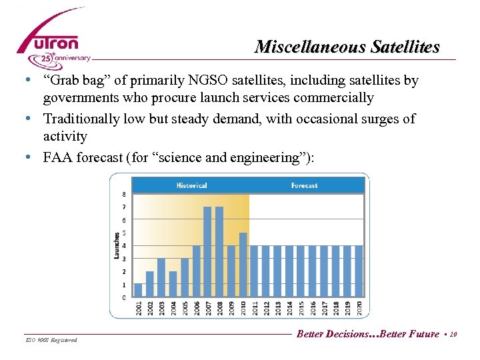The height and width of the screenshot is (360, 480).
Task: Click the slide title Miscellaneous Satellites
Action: pyautogui.click(x=347, y=47)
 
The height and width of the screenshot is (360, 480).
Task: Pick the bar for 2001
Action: pyautogui.click(x=138, y=290)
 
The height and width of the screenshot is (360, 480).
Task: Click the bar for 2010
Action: pyautogui.click(x=243, y=265)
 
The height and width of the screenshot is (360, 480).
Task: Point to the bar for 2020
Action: pyautogui.click(x=359, y=271)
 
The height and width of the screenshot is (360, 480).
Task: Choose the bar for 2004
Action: pyautogui.click(x=173, y=284)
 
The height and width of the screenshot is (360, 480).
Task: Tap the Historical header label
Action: pyautogui.click(x=191, y=185)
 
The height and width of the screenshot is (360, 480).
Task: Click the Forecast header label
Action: pyautogui.click(x=305, y=185)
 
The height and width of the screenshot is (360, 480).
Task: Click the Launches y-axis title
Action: pyautogui.click(x=117, y=245)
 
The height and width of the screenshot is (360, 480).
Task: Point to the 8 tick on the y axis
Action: pyautogui.click(x=123, y=195)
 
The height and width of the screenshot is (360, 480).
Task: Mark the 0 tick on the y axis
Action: pyautogui.click(x=123, y=297)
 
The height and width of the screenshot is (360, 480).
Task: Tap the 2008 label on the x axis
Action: pyautogui.click(x=219, y=307)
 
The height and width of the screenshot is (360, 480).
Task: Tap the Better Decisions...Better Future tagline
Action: pyautogui.click(x=367, y=333)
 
